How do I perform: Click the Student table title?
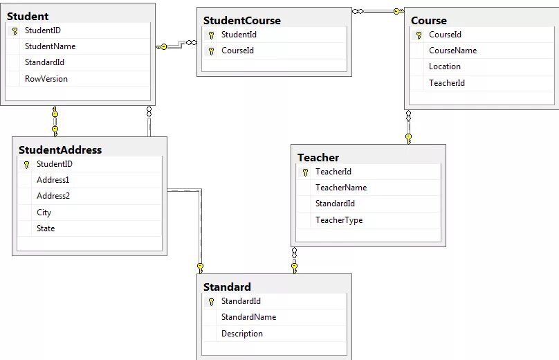(x=28, y=16)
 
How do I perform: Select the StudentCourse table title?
(x=241, y=20)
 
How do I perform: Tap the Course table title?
(x=429, y=20)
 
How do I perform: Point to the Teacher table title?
(x=318, y=157)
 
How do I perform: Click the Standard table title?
(x=227, y=287)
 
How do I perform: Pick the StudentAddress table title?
(x=60, y=150)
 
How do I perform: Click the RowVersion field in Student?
(x=46, y=79)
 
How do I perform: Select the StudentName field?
(x=50, y=46)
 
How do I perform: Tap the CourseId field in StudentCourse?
(x=237, y=51)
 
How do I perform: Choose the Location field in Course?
(x=444, y=66)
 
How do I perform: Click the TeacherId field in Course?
(x=446, y=83)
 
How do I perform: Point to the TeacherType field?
(x=339, y=220)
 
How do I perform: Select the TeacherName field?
(x=341, y=188)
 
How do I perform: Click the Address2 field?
(x=53, y=196)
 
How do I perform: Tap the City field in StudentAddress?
(x=44, y=213)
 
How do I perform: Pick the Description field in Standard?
(x=242, y=334)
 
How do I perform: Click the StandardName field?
(x=248, y=317)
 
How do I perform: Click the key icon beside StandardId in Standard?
(x=211, y=302)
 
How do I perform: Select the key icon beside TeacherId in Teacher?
(x=305, y=172)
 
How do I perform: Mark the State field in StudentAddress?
(x=46, y=228)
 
